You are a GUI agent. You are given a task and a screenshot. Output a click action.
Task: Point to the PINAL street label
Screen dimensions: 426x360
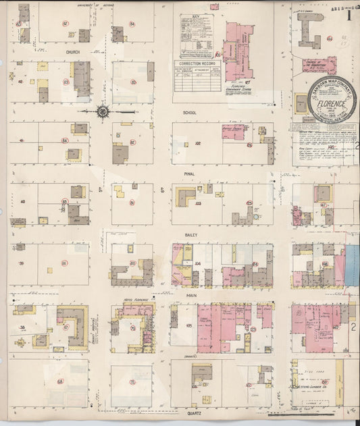(189, 174)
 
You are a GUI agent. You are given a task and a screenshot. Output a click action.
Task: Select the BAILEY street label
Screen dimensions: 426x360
(190, 234)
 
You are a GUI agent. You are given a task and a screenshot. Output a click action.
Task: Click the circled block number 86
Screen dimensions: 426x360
(65, 263)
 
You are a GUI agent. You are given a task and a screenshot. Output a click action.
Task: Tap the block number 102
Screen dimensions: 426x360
(199, 143)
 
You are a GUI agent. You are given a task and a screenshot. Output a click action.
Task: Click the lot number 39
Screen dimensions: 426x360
(22, 263)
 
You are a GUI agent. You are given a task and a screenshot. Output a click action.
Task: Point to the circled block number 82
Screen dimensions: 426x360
(65, 24)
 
